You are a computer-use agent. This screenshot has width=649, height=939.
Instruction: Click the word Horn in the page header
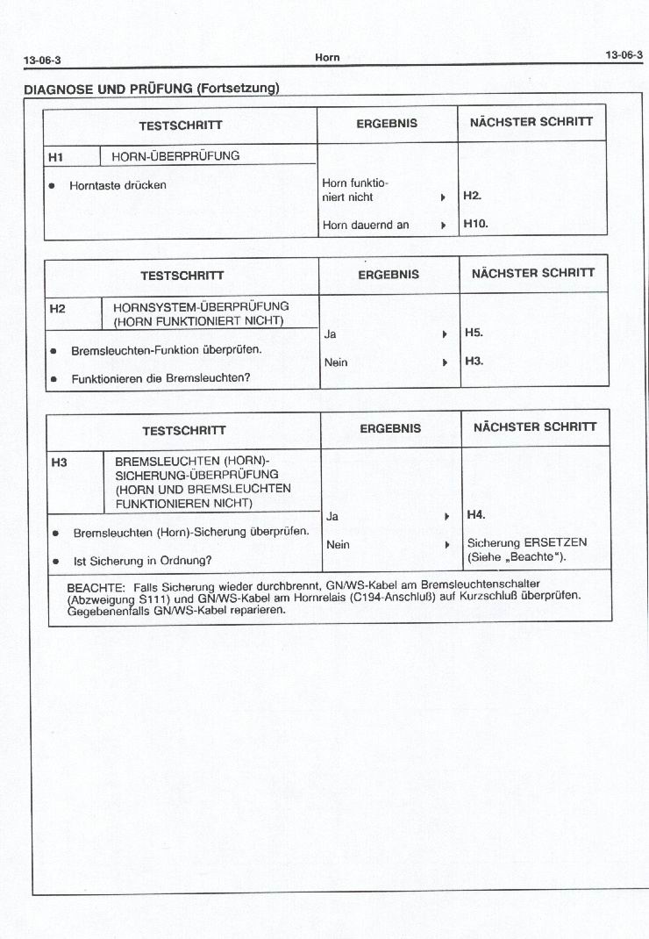pos(327,58)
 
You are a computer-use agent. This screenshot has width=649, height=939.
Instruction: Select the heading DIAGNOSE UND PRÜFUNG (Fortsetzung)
pos(151,88)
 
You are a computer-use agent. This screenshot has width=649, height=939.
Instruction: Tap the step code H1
pos(56,157)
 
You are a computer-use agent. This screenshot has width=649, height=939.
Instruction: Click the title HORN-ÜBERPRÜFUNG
pos(175,156)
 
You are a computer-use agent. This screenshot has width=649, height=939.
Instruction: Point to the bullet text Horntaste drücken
pos(118,185)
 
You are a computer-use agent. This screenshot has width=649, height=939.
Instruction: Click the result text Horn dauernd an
pos(366,225)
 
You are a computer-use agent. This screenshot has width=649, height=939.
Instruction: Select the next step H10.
pos(475,224)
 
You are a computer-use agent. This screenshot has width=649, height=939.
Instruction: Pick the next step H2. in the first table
pos(473,197)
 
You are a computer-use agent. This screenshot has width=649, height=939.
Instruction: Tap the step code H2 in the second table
pos(57,308)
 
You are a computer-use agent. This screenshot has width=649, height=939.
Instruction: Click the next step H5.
pos(474,333)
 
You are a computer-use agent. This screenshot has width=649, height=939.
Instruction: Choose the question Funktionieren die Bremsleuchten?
pos(160,378)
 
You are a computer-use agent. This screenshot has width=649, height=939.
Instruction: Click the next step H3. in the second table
pos(474,361)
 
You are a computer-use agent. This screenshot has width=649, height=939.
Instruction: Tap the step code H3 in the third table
pos(60,462)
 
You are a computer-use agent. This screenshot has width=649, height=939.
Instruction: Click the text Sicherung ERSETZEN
pos(527,542)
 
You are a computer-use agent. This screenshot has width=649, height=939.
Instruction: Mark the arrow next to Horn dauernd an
pos(444,226)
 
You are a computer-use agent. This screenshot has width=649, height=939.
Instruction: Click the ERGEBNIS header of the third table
pos(390,428)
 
